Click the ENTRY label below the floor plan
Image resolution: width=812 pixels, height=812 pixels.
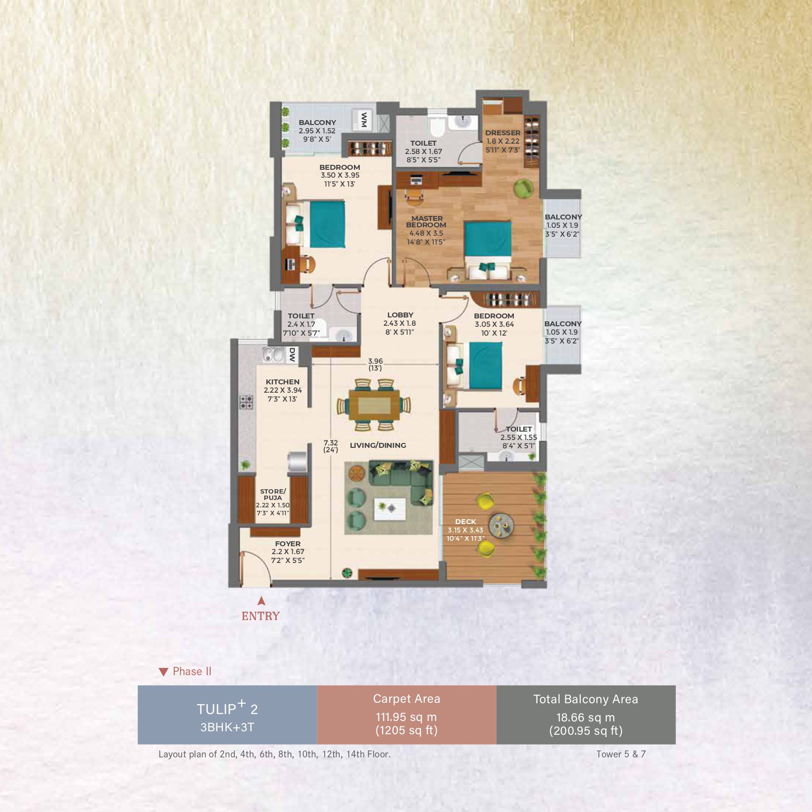(260, 616)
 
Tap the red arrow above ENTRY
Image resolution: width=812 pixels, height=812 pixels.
(261, 600)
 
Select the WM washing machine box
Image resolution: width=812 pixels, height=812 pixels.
(364, 120)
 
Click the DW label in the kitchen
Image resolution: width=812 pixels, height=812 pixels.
(292, 355)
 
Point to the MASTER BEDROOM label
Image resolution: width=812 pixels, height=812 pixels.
(426, 221)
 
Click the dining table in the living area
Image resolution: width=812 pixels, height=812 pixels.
(375, 405)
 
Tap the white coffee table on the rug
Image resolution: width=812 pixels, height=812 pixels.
(390, 509)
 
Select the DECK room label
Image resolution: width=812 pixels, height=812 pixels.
(466, 521)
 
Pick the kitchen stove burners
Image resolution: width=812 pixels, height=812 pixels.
(247, 402)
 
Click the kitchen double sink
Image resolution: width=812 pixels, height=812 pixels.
(273, 354)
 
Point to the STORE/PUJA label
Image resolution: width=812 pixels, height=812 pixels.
(273, 494)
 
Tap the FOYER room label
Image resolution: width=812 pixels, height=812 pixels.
(288, 544)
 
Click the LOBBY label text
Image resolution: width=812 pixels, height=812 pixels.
(400, 315)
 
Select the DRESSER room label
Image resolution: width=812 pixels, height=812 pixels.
(502, 133)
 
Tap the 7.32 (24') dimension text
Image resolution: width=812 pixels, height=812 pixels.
(331, 446)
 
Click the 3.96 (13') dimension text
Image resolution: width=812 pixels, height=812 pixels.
(375, 365)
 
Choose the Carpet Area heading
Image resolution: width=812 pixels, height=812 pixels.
(406, 699)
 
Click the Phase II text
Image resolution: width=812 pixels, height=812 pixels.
(192, 671)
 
